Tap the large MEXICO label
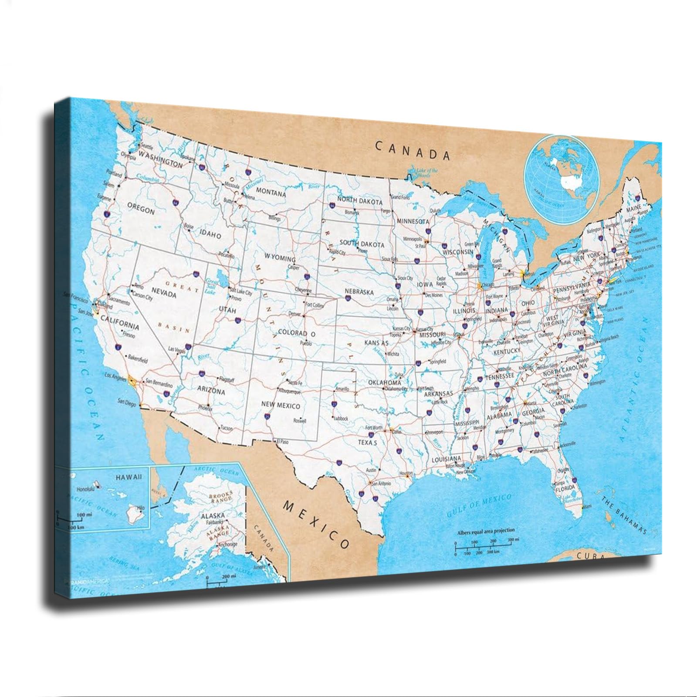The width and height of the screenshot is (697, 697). click(316, 525)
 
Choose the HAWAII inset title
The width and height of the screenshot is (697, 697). click(129, 477)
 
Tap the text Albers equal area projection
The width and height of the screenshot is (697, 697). click(486, 531)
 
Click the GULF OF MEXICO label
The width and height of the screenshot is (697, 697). click(480, 505)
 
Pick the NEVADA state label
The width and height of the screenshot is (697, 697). click(163, 294)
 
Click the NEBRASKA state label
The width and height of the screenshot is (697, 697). click(359, 292)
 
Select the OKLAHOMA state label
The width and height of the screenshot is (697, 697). click(384, 382)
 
